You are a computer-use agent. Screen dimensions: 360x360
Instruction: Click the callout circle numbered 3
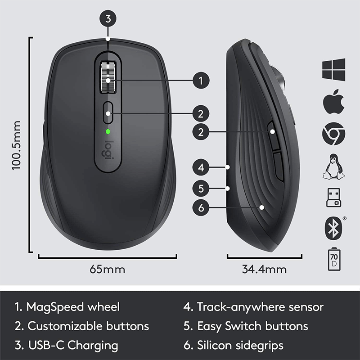click(x=108, y=19)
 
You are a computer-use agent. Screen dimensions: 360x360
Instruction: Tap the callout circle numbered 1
click(x=201, y=81)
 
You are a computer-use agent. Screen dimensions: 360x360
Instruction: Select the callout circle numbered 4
click(x=201, y=168)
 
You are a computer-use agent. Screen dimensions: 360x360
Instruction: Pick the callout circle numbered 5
click(x=201, y=188)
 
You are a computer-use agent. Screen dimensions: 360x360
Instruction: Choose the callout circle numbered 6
click(x=201, y=207)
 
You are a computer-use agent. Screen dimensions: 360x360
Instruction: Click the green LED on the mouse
click(x=108, y=132)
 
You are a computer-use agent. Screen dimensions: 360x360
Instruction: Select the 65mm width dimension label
click(x=108, y=270)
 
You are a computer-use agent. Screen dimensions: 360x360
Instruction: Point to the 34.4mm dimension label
click(x=264, y=270)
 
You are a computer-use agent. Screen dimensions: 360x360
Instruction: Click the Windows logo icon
click(x=333, y=70)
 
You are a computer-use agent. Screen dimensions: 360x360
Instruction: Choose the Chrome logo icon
click(x=333, y=135)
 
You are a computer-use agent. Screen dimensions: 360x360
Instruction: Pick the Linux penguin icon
click(x=333, y=166)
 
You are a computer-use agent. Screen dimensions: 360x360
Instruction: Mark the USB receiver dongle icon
click(x=333, y=197)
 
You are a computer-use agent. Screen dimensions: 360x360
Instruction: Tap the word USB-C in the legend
click(x=47, y=346)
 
